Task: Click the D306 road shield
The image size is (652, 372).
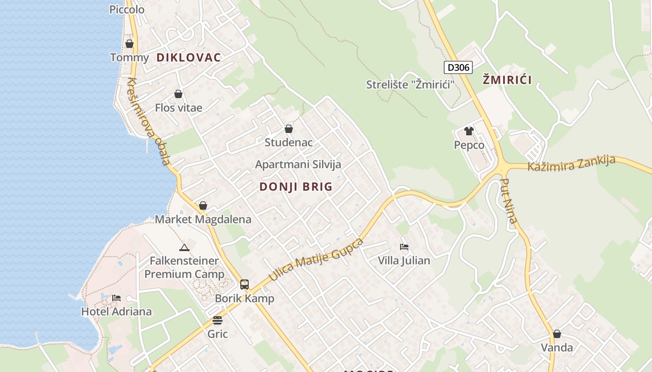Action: click(458, 67)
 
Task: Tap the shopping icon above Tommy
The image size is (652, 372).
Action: click(129, 44)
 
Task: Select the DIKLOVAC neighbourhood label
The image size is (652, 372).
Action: click(189, 58)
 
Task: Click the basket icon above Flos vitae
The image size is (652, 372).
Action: click(178, 94)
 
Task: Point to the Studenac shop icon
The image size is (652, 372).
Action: click(289, 129)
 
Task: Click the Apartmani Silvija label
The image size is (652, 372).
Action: click(298, 164)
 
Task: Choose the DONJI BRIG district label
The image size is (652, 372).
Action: click(296, 187)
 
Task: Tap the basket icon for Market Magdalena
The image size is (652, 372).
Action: click(203, 206)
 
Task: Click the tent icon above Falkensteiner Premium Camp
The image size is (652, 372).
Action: click(184, 247)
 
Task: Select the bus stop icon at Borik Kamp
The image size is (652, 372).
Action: click(244, 285)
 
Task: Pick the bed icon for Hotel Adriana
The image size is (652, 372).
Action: click(116, 298)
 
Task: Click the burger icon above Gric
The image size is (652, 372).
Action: click(217, 320)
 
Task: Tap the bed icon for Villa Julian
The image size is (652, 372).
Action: click(404, 246)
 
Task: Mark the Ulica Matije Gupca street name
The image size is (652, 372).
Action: click(316, 259)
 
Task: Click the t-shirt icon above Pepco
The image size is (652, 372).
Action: click(469, 131)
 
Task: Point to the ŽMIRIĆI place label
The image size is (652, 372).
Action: click(507, 80)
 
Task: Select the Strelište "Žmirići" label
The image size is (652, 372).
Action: click(410, 85)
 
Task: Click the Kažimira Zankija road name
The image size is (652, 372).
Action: click(571, 163)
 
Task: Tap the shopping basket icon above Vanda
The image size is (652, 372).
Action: click(557, 334)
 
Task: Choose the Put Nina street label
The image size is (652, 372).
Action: click(509, 200)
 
